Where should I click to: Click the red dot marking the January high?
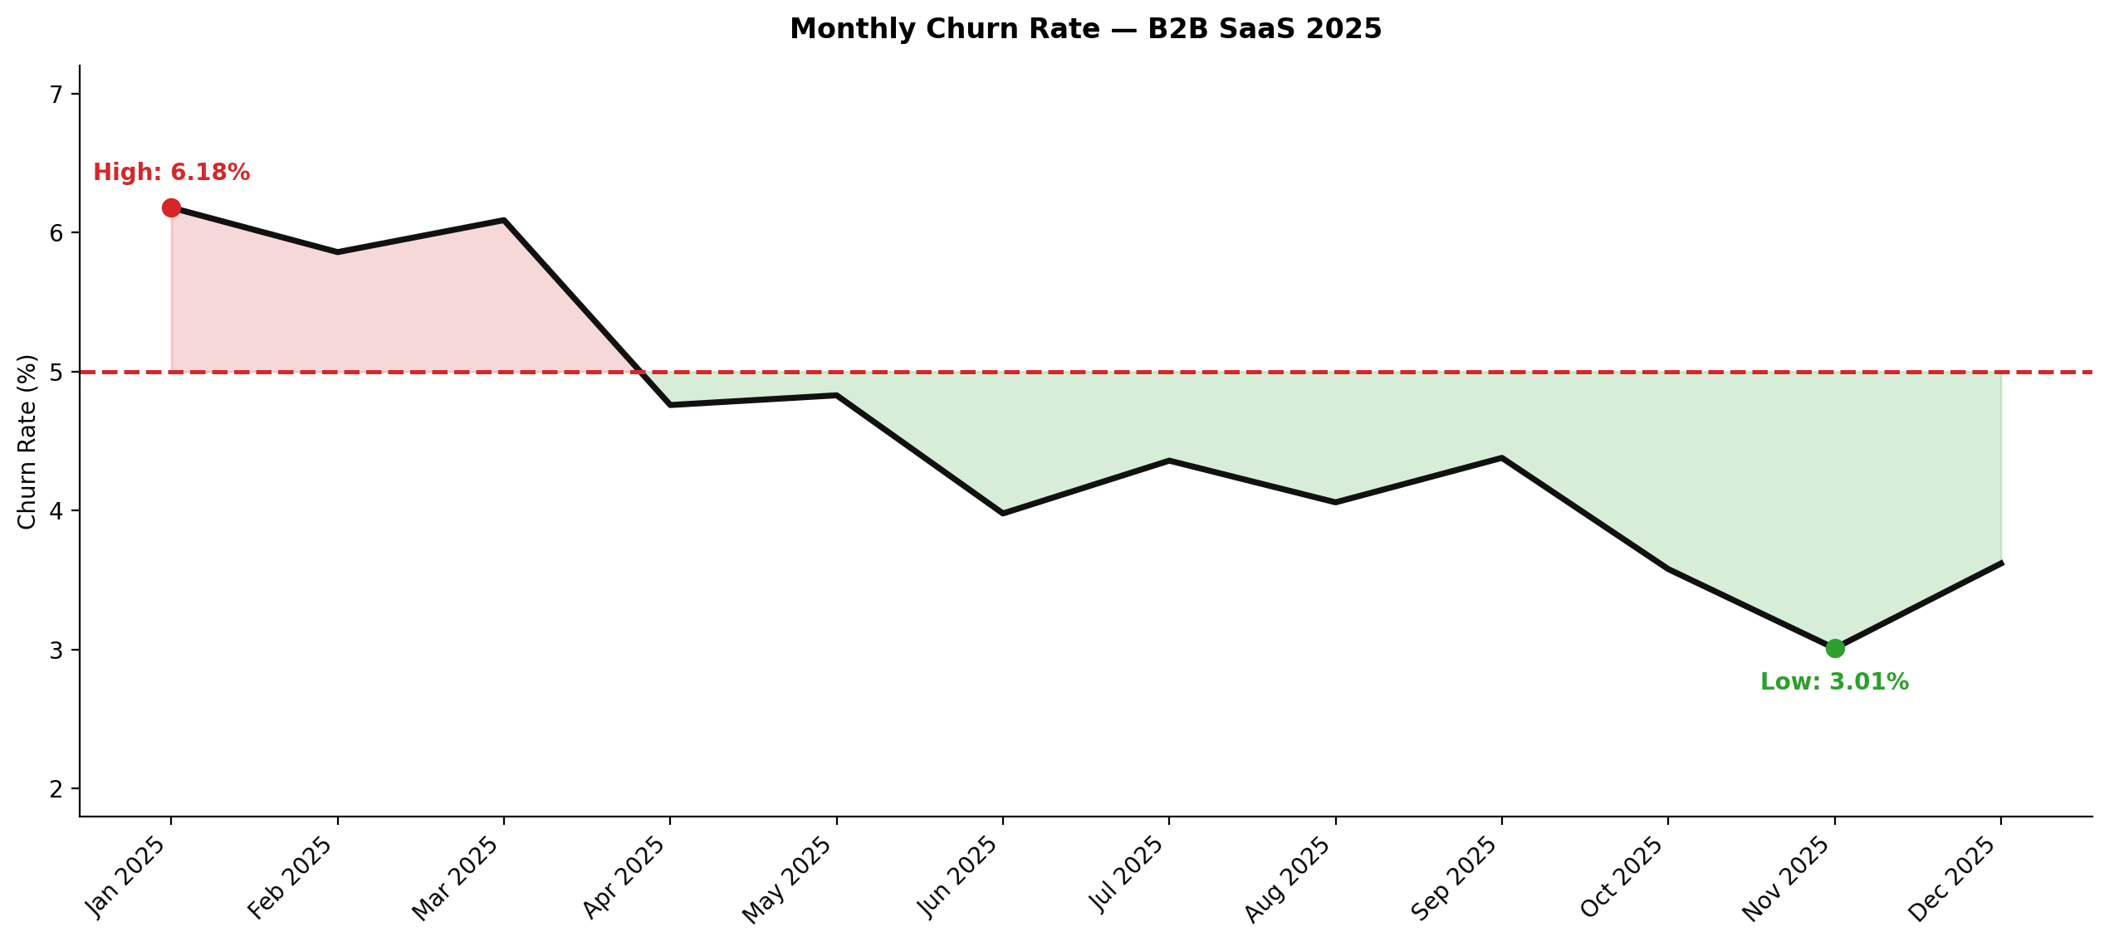(171, 207)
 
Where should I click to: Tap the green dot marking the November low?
(1835, 648)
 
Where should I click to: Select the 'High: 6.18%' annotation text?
(171, 173)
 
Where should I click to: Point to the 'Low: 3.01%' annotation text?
(1834, 682)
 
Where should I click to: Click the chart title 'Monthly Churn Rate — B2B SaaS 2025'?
(1085, 29)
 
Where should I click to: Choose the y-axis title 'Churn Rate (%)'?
(27, 441)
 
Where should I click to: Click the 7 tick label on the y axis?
(56, 95)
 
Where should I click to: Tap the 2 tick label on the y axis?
(56, 789)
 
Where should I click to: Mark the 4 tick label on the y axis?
(56, 511)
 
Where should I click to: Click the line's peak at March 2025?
(504, 220)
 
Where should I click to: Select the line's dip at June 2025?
(1003, 514)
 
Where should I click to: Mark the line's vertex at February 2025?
(337, 252)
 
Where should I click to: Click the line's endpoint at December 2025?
(2002, 563)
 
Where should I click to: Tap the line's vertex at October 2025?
(1668, 568)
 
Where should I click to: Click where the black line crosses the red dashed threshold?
(641, 372)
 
